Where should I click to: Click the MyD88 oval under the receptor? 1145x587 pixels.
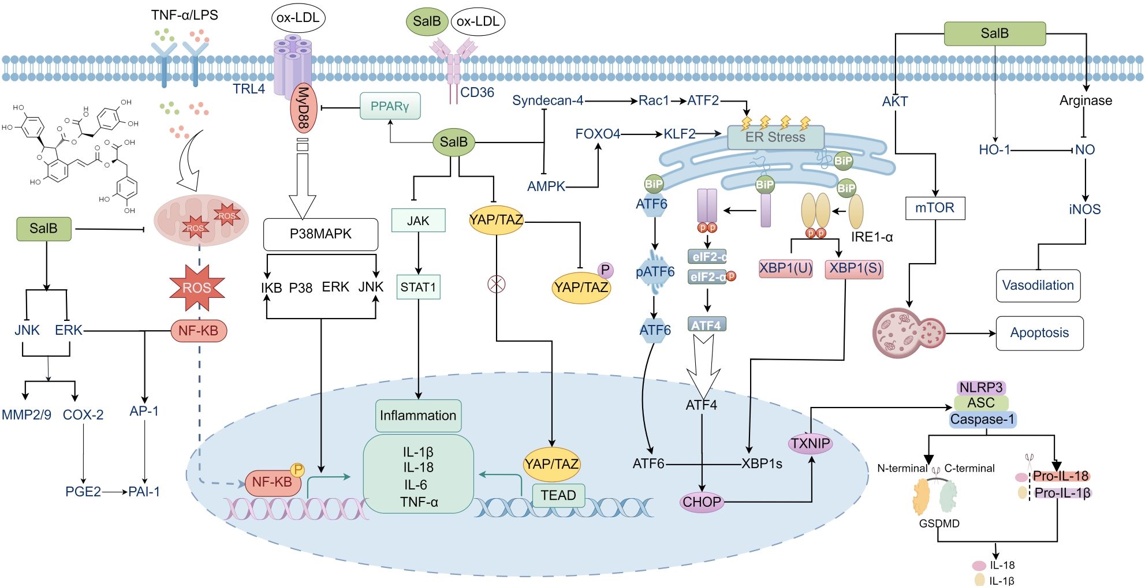(x=303, y=108)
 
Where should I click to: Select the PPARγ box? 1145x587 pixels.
(x=390, y=106)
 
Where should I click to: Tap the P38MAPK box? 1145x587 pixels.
(x=320, y=234)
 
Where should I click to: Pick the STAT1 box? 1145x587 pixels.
(x=418, y=287)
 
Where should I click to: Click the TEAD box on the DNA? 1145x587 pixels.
(x=558, y=495)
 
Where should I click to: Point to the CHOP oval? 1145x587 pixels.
(x=702, y=502)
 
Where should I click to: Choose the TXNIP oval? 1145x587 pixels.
(x=811, y=443)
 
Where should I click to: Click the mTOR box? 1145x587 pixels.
(x=935, y=208)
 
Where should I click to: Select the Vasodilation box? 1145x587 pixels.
(x=1038, y=285)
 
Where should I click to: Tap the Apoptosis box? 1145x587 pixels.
(x=1039, y=333)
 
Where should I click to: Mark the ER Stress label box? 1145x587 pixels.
(x=775, y=137)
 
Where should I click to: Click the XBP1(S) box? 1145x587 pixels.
(x=854, y=268)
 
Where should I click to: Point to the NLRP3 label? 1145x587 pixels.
(x=981, y=387)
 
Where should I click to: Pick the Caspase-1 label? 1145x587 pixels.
(x=982, y=420)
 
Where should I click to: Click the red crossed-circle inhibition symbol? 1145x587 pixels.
(x=497, y=283)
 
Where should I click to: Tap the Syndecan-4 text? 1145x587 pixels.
(x=547, y=100)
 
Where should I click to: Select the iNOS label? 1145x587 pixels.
(x=1084, y=210)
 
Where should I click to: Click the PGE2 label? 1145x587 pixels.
(x=83, y=492)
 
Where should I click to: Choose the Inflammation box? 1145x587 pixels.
(x=418, y=416)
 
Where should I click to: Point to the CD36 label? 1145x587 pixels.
(x=477, y=92)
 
